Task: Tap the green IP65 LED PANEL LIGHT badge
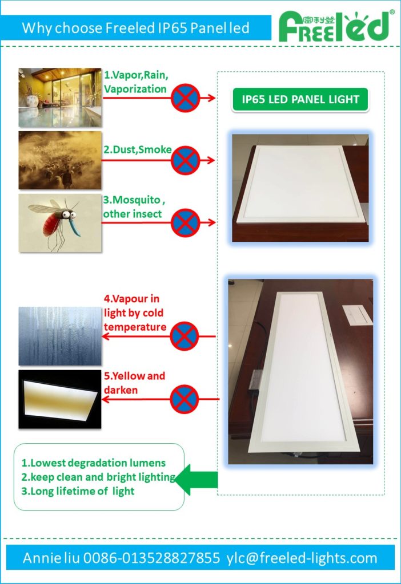(x=300, y=99)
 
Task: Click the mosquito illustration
(x=60, y=223)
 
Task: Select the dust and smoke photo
(x=60, y=160)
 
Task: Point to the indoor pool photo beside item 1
(x=60, y=97)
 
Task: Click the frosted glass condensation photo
(x=60, y=336)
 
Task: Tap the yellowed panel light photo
(x=60, y=399)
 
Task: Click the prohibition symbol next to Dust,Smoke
(x=185, y=160)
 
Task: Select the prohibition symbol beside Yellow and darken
(x=185, y=399)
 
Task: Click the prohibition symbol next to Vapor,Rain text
(x=185, y=98)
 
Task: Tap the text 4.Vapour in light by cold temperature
(x=135, y=313)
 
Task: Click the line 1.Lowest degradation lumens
(x=94, y=463)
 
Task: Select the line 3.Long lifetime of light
(x=78, y=491)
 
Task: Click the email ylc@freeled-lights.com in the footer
(x=302, y=558)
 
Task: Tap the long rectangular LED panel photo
(x=300, y=371)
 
